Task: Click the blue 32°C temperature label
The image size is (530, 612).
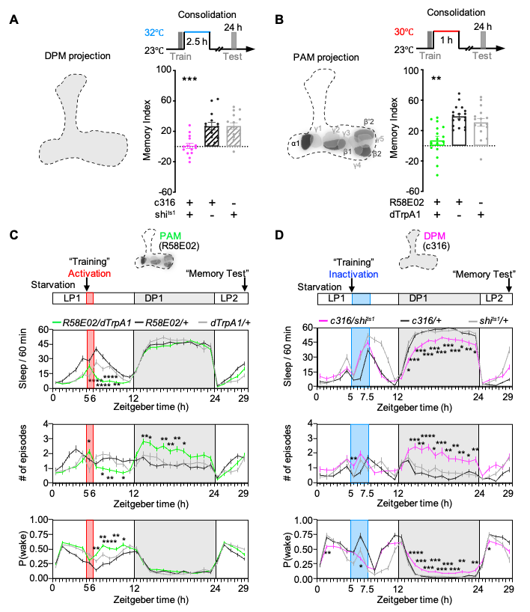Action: point(154,33)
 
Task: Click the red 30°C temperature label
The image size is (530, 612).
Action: point(404,32)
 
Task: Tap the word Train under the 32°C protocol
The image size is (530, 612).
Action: point(180,56)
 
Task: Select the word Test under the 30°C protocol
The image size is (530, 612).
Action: point(482,56)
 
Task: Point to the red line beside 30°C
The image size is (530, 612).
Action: point(446,31)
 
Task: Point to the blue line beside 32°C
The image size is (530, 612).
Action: point(197,31)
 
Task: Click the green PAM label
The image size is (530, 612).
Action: point(171,236)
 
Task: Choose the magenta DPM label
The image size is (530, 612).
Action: point(435,236)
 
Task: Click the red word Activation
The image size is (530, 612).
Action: point(89,274)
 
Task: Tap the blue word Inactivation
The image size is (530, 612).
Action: point(353,275)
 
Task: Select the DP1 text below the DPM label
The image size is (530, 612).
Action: point(419,298)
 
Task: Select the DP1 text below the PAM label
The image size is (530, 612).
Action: point(154,298)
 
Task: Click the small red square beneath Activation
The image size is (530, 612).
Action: point(90,298)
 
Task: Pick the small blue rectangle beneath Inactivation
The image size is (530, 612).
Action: point(361,299)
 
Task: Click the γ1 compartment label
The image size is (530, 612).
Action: point(317,129)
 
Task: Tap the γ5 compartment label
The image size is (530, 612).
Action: point(380,138)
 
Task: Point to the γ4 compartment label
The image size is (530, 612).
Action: point(357,165)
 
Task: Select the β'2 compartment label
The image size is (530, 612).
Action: point(369,121)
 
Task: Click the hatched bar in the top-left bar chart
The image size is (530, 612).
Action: point(234,135)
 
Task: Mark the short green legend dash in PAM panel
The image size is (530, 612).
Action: point(57,322)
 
